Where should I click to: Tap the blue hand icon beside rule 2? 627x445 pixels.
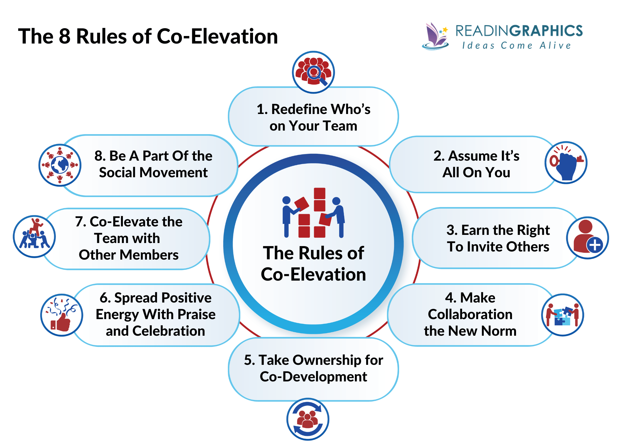[x=567, y=166]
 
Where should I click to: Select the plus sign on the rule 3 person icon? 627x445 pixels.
[x=595, y=245]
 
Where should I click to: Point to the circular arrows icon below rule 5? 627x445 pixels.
[x=308, y=419]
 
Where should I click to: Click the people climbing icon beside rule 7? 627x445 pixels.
[x=34, y=237]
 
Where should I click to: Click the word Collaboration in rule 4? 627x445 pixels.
[x=470, y=314]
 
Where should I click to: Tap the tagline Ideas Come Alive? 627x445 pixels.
[x=516, y=46]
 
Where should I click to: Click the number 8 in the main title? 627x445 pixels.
[x=65, y=36]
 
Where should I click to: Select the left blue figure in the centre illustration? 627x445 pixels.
[x=286, y=216]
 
